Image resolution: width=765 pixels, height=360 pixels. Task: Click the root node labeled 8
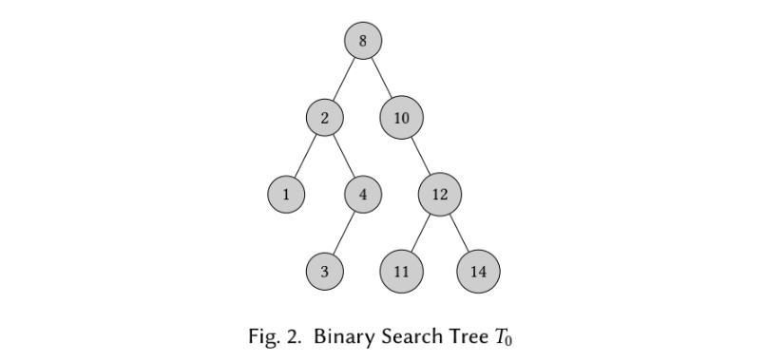tap(363, 41)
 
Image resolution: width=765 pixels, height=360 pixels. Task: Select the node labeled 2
tap(325, 118)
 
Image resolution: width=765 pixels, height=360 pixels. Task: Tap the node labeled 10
tap(401, 118)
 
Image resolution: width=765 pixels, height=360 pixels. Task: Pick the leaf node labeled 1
tap(286, 195)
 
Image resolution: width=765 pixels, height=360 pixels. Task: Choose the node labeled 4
tap(363, 195)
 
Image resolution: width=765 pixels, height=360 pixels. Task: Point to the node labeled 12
tap(439, 195)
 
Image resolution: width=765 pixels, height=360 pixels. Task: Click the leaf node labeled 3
tap(325, 272)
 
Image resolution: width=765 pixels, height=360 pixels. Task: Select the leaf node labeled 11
tap(401, 272)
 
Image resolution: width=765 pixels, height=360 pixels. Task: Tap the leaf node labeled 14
tap(478, 272)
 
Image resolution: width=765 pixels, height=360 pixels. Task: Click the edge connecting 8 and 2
tap(344, 79)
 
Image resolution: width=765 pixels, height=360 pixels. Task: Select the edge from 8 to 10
tap(381, 78)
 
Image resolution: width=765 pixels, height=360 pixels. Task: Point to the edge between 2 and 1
tap(306, 156)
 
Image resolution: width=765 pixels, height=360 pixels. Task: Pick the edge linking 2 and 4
tap(344, 156)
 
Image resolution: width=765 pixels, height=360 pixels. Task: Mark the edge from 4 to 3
tap(344, 233)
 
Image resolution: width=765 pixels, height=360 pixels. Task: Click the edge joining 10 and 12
tap(420, 156)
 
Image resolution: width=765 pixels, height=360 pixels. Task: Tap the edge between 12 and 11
tap(420, 233)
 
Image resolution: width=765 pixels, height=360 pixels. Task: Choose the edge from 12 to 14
tap(458, 233)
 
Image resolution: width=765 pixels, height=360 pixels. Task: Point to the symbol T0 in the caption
tap(504, 338)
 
